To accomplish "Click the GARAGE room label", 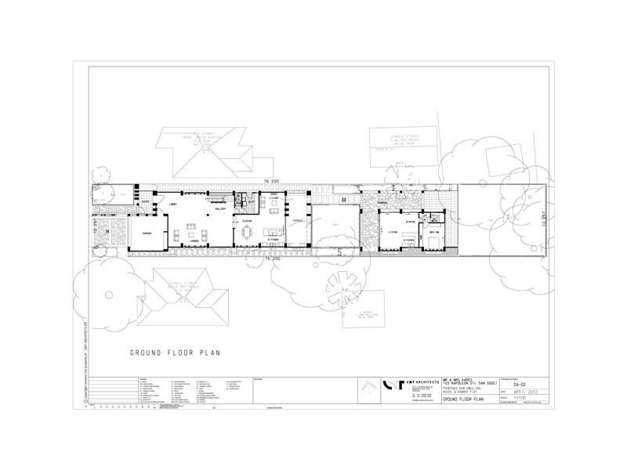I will (146, 233).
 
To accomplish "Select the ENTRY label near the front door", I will (146, 202).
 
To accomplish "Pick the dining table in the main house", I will (248, 233).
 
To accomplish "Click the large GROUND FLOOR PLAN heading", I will (175, 352).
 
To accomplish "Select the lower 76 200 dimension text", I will (272, 257).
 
